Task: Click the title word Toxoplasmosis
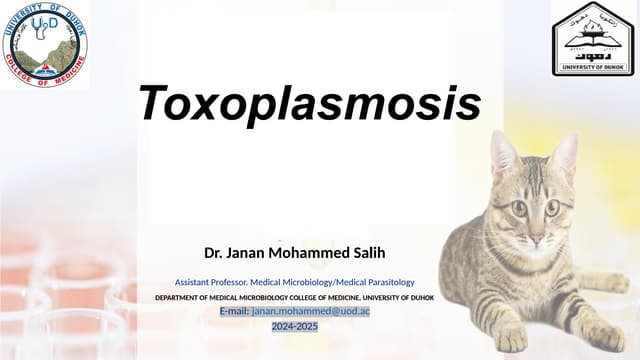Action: [x=309, y=103]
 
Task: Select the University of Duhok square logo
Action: [x=592, y=37]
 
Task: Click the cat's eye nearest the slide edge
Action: [x=553, y=208]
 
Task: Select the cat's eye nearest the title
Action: [x=518, y=209]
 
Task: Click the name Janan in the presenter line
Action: [x=249, y=252]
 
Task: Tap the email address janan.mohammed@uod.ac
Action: [x=311, y=312]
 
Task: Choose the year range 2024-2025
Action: [x=295, y=326]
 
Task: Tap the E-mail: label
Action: [x=234, y=312]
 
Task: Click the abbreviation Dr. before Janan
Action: [x=213, y=252]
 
